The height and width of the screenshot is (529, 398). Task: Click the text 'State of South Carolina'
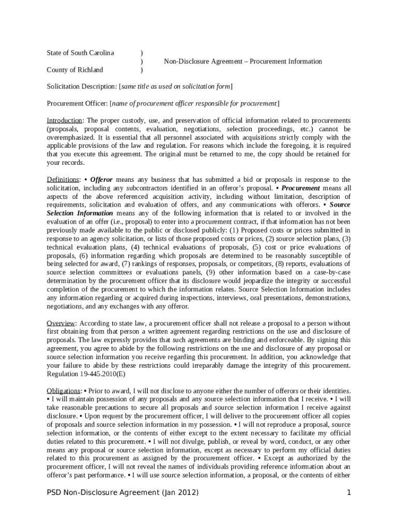point(80,53)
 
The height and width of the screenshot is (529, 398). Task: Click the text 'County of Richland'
point(75,70)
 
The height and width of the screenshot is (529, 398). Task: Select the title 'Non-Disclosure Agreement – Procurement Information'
point(243,61)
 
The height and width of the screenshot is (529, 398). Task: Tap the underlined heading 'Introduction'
point(65,120)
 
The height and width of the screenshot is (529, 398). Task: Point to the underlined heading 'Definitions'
point(63,179)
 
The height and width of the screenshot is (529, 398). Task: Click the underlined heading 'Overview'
point(62,323)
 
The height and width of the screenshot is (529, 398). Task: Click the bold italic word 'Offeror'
point(101,179)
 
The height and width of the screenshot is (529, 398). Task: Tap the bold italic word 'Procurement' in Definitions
point(301,188)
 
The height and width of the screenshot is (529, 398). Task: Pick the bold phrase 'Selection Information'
point(80,213)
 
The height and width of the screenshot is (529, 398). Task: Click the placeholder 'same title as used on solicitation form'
point(176,86)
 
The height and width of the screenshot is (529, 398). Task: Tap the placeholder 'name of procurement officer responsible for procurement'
point(194,103)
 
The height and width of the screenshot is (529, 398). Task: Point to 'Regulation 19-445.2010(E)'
point(86,374)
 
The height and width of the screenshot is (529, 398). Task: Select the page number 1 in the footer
point(349,492)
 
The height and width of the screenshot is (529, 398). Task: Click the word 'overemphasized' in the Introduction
point(70,137)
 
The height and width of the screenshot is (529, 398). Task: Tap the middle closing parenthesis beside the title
point(142,61)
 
